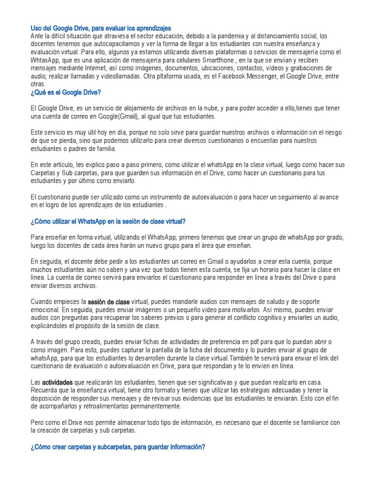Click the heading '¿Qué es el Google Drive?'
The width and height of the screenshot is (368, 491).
coord(66,92)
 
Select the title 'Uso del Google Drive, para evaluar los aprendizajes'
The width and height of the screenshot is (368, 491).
coord(101,29)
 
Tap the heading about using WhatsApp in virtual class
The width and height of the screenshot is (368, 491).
coord(108,222)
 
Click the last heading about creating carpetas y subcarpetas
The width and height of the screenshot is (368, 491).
coord(118,446)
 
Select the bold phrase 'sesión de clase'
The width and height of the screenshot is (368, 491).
coord(109,302)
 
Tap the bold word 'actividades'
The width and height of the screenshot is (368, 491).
coord(57,383)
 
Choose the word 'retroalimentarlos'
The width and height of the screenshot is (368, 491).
coord(100,406)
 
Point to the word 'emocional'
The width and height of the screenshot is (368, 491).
coord(46,310)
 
